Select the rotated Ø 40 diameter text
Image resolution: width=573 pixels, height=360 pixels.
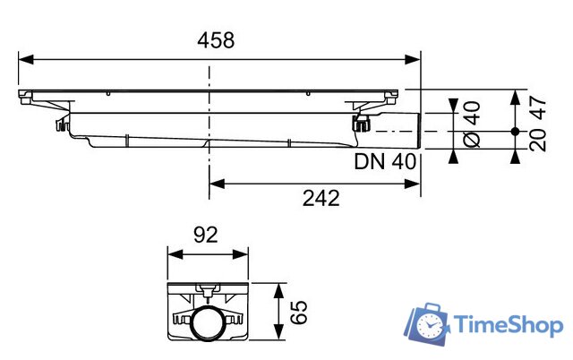pos(472,125)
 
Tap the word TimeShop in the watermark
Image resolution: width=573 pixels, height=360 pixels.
pos(508,324)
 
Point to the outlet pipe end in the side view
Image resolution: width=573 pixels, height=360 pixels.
pos(417,132)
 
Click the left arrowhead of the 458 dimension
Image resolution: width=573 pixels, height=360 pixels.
pos(26,59)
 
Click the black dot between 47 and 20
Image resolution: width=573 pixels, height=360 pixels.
pos(514,132)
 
